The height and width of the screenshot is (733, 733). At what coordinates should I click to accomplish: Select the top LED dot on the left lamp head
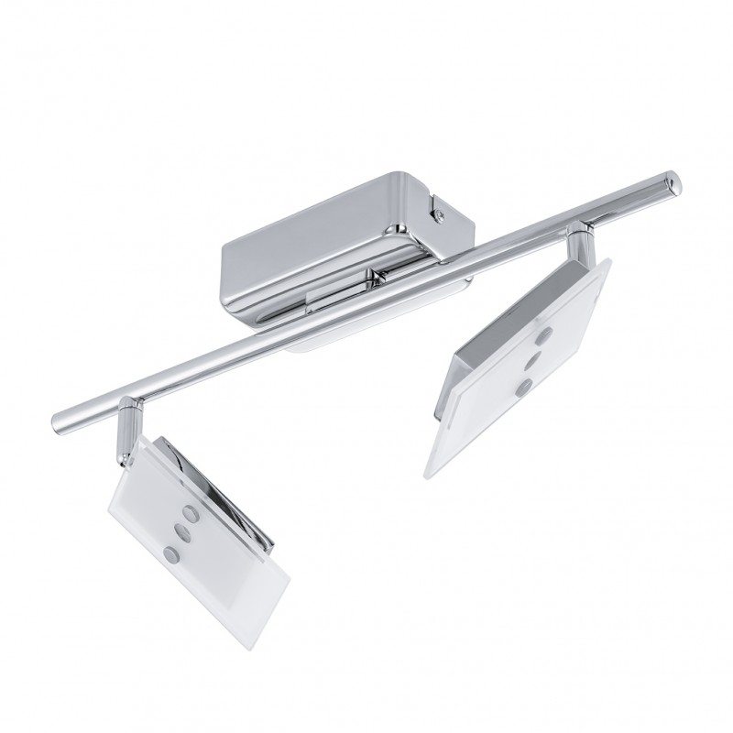[x=191, y=510]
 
